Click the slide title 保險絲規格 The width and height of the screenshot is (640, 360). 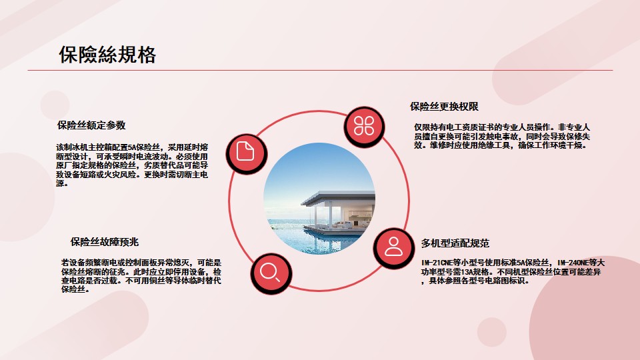pyautogui.click(x=107, y=54)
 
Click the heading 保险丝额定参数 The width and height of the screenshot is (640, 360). pyautogui.click(x=91, y=125)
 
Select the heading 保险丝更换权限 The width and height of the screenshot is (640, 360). pyautogui.click(x=444, y=107)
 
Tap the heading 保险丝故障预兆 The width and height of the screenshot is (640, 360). pyautogui.click(x=105, y=242)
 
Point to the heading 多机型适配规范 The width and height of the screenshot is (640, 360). pyautogui.click(x=455, y=243)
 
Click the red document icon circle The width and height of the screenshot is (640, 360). pyautogui.click(x=246, y=153)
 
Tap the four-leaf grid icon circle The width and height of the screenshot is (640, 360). pyautogui.click(x=364, y=126)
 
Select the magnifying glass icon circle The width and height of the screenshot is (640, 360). pyautogui.click(x=271, y=273)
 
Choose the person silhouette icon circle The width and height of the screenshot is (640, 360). pyautogui.click(x=393, y=248)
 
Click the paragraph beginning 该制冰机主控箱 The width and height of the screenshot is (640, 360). pyautogui.click(x=132, y=165)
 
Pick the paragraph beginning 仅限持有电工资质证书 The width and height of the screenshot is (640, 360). pyautogui.click(x=502, y=136)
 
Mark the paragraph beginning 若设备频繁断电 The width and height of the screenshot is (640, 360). pyautogui.click(x=141, y=276)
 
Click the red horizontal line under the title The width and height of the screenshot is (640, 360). pyautogui.click(x=320, y=70)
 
